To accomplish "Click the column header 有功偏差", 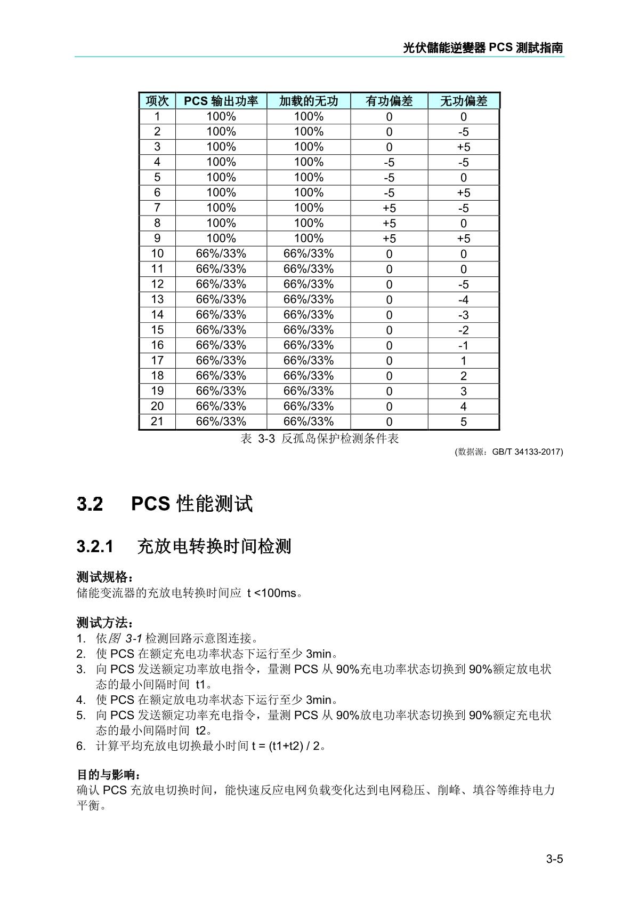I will [389, 101].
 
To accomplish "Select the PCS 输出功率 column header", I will [221, 101].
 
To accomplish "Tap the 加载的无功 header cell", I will [309, 101].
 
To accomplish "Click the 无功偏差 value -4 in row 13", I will [463, 300].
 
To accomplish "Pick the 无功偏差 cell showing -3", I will [463, 315].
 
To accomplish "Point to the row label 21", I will [157, 422].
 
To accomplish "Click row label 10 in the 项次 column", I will [157, 253].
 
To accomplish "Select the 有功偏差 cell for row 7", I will [389, 208].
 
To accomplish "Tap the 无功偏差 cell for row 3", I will [463, 147].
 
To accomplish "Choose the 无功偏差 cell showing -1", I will [463, 345].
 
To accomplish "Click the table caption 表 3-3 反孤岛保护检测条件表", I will [320, 439].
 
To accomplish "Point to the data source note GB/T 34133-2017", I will [509, 452].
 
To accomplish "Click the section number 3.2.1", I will [95, 546].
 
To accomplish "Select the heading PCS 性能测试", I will [192, 503].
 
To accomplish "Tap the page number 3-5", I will [554, 859].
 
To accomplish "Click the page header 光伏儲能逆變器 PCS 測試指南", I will [483, 48].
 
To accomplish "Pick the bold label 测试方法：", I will [105, 623].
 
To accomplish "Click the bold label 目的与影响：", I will [109, 775].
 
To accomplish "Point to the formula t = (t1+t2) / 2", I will [287, 745].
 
